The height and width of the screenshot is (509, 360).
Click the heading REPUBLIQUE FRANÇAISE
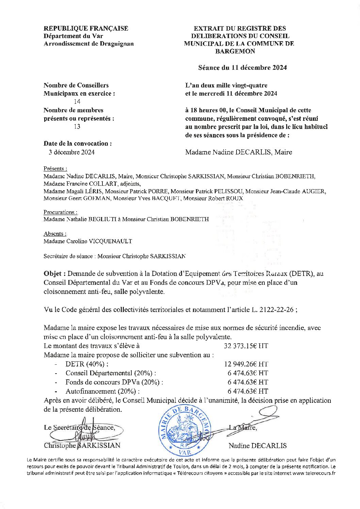point(86,29)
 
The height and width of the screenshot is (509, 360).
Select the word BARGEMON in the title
point(235,51)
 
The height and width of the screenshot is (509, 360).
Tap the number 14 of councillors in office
point(77,102)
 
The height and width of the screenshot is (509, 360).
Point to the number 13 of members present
point(77,127)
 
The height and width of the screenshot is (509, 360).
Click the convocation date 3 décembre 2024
point(71,152)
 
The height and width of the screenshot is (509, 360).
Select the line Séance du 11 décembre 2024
point(242,68)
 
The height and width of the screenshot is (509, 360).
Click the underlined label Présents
point(55,169)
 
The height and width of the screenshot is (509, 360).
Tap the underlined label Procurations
point(60,212)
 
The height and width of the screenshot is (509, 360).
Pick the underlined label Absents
point(55,234)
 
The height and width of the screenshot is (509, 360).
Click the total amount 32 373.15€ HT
point(246,346)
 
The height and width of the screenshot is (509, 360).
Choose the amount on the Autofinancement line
point(248,391)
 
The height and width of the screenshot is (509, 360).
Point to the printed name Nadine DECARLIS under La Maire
point(258,446)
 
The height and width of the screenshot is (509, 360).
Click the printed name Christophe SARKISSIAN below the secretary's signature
point(82,445)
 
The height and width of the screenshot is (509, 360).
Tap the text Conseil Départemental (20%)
point(111,373)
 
